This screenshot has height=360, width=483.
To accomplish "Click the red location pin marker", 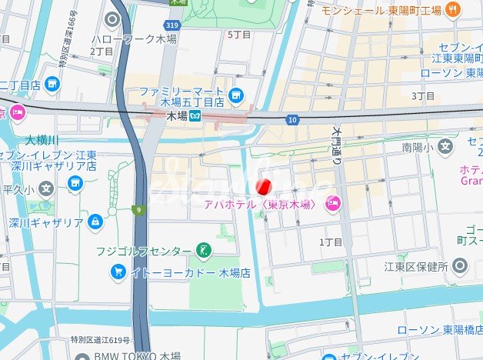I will (263, 186).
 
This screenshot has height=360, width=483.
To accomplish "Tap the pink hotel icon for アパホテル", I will (333, 204).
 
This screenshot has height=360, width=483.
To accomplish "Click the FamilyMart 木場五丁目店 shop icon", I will (235, 96).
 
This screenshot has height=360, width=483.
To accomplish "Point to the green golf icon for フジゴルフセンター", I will (204, 249).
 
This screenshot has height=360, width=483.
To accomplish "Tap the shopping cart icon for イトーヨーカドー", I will (118, 272).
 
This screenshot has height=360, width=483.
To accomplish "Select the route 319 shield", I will (173, 25).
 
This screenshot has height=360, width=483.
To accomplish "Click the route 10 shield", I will (292, 119).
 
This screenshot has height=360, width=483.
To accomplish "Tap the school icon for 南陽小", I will (445, 145).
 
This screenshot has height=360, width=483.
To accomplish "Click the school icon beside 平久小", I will (46, 187).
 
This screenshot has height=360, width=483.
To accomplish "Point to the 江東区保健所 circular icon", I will (460, 266).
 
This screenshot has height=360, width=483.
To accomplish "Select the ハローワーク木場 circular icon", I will (114, 20).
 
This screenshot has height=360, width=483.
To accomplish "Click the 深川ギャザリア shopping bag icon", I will (95, 222).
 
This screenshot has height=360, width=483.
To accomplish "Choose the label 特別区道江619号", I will (99, 339).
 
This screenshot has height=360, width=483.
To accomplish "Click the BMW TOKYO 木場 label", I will (138, 355).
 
